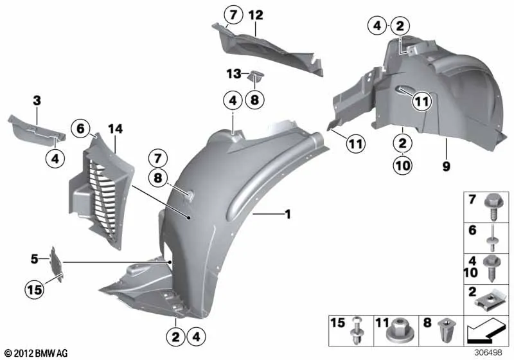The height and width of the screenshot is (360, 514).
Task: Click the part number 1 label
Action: pyautogui.click(x=288, y=215)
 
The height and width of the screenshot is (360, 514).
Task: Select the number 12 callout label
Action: pyautogui.click(x=256, y=15)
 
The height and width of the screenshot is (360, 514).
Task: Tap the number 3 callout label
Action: pyautogui.click(x=37, y=101)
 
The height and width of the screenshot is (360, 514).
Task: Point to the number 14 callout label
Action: pyautogui.click(x=116, y=129)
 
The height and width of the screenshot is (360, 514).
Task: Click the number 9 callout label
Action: pyautogui.click(x=446, y=166)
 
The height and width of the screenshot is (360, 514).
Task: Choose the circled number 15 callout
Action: pyautogui.click(x=35, y=289)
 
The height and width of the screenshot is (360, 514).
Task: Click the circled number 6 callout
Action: pyautogui.click(x=81, y=128)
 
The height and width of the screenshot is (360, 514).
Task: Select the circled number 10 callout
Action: pyautogui.click(x=403, y=165)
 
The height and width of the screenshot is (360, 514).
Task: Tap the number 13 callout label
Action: pyautogui.click(x=234, y=74)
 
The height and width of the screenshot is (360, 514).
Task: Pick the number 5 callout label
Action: pyautogui.click(x=35, y=259)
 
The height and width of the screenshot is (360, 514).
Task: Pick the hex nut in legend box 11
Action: pyautogui.click(x=396, y=330)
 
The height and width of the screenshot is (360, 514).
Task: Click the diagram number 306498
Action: pyautogui.click(x=488, y=352)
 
